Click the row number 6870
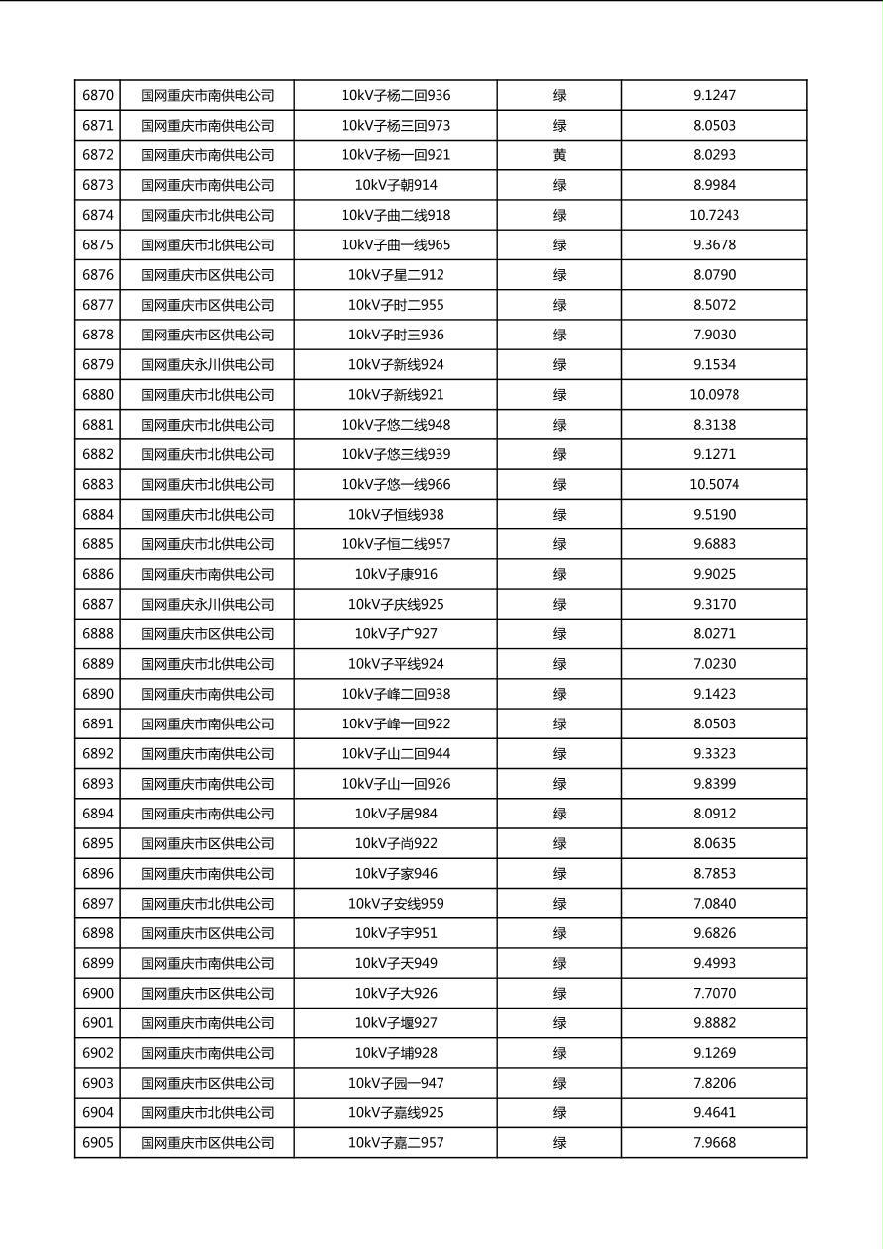click(x=98, y=96)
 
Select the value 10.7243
click(x=714, y=215)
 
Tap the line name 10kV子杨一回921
click(x=396, y=155)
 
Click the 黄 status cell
click(x=559, y=155)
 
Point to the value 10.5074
click(x=714, y=484)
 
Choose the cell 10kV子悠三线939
click(x=396, y=454)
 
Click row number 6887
click(x=98, y=604)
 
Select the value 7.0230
click(x=714, y=664)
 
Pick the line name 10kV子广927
click(x=396, y=634)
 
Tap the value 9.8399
click(x=714, y=784)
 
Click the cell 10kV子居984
click(x=396, y=814)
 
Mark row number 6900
click(x=98, y=993)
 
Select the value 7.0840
click(x=714, y=904)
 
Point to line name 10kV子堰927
click(x=396, y=1023)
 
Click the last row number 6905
click(x=98, y=1143)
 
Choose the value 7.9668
click(x=714, y=1143)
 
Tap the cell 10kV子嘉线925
click(x=396, y=1112)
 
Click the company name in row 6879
click(x=207, y=364)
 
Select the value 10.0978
click(x=714, y=395)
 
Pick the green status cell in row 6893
click(x=559, y=784)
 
